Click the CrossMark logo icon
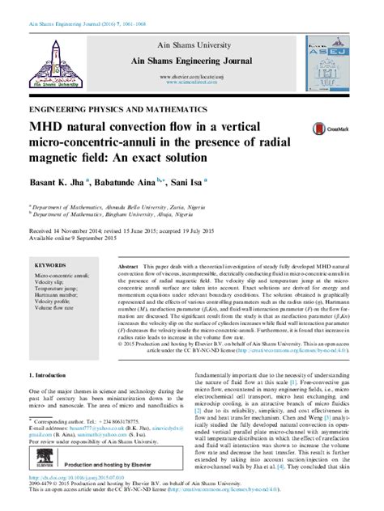click(x=325, y=128)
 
